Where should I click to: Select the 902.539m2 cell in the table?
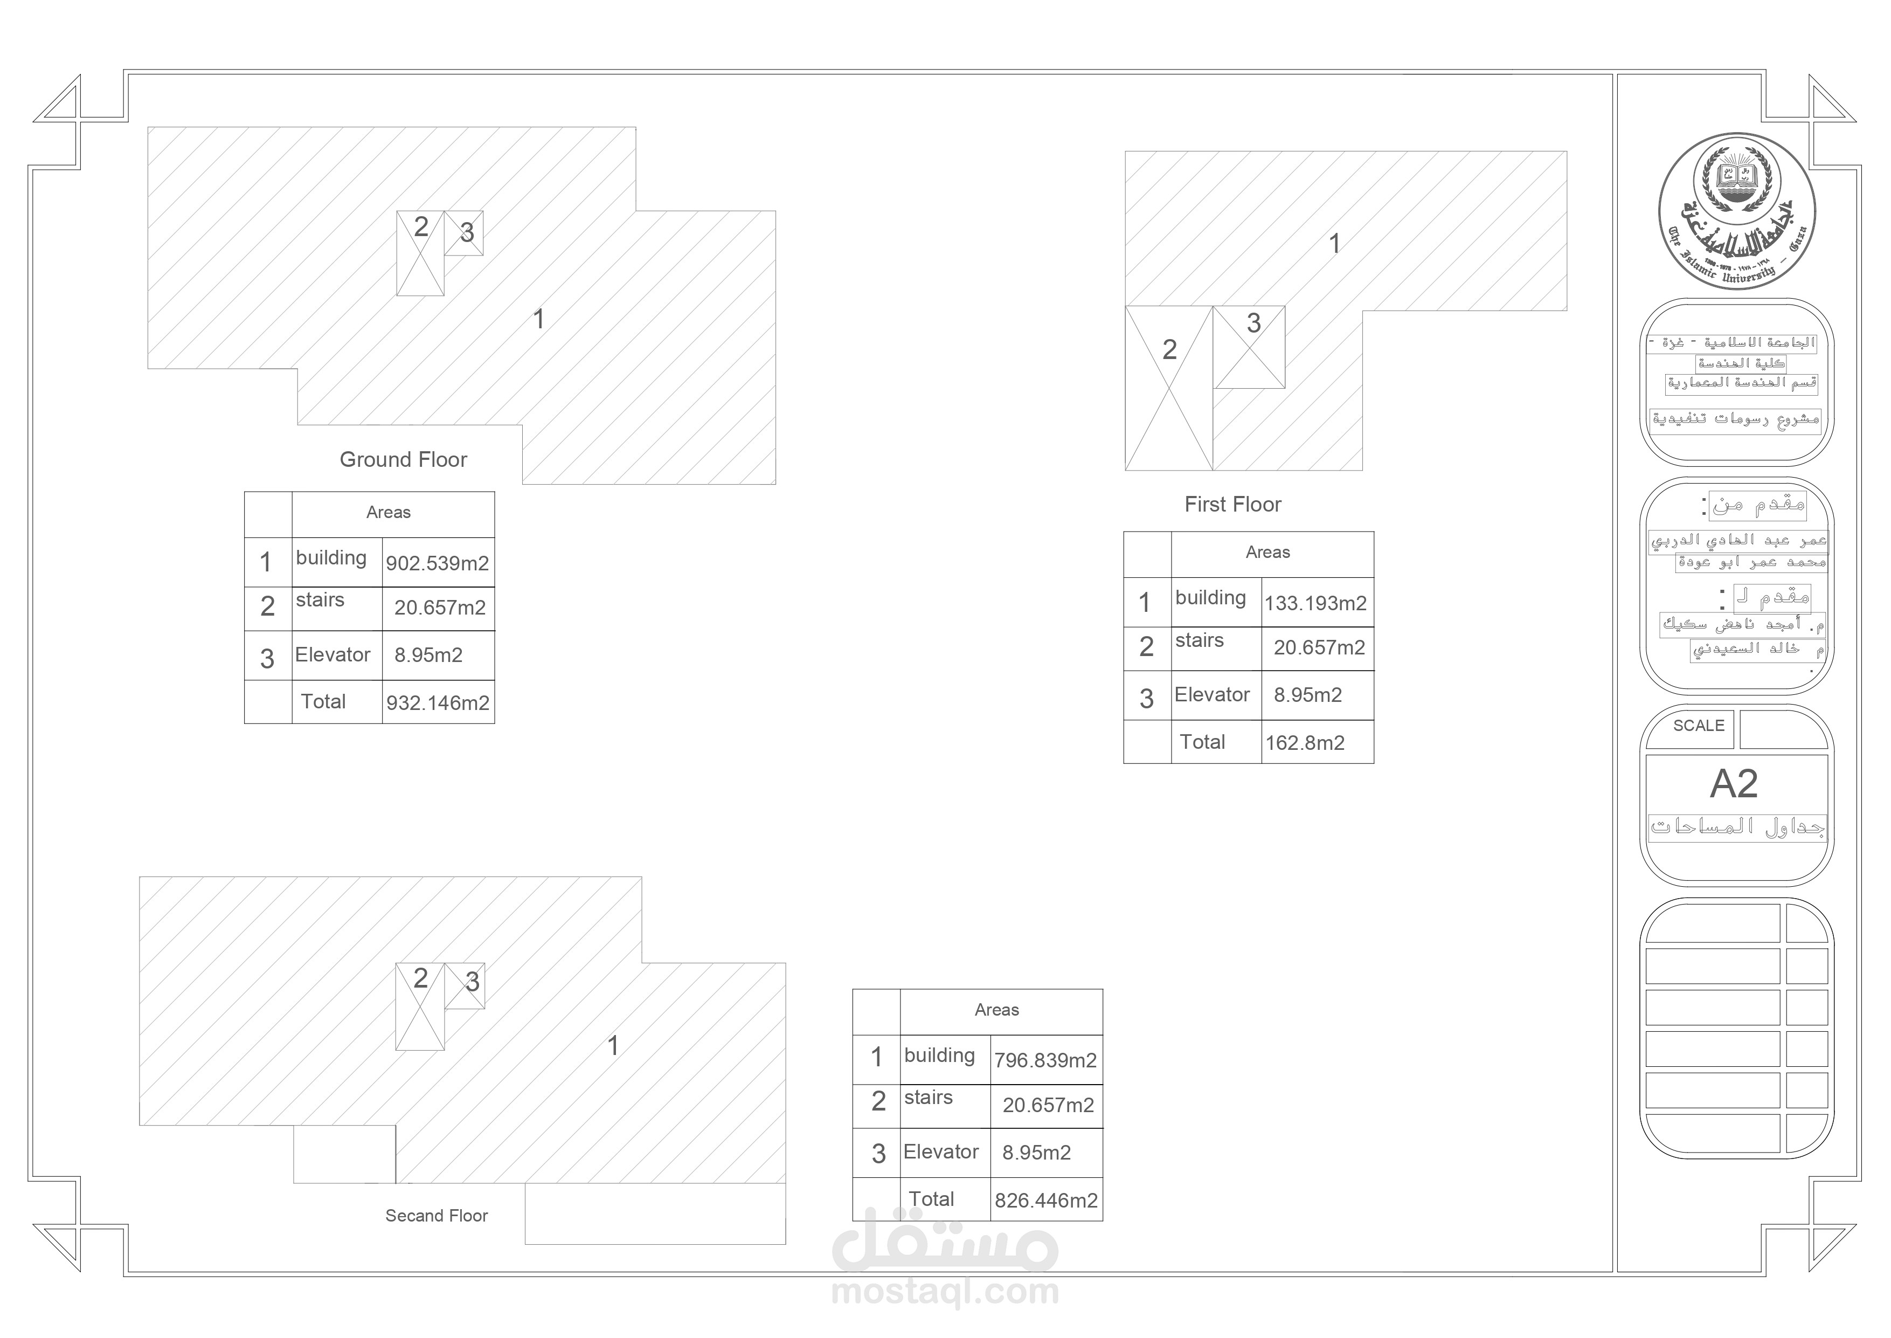[x=438, y=563]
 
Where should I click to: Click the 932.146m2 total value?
[x=438, y=703]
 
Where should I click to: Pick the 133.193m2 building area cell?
[x=1315, y=603]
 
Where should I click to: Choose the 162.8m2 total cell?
[x=1305, y=742]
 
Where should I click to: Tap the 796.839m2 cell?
[x=1045, y=1060]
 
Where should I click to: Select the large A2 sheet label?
[x=1734, y=783]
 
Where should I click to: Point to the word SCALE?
[x=1698, y=726]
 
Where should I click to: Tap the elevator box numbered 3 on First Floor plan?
[x=1249, y=347]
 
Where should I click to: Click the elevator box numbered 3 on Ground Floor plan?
[x=463, y=233]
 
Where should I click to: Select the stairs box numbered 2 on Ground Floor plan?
[x=420, y=253]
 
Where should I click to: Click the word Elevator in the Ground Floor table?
[x=333, y=655]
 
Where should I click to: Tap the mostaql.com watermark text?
[x=945, y=1292]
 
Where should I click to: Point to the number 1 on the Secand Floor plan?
[x=613, y=1045]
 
